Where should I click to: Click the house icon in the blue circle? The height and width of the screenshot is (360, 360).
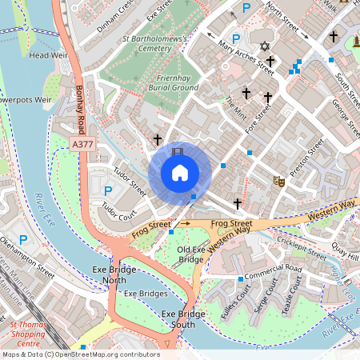point(179,173)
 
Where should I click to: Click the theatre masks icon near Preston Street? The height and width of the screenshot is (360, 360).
point(278,181)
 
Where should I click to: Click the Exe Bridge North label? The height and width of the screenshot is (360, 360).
point(109,274)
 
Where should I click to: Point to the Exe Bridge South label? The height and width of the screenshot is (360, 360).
point(178,318)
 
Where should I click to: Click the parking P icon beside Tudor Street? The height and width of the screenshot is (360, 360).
point(108,190)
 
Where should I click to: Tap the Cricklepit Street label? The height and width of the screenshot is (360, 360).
point(301,246)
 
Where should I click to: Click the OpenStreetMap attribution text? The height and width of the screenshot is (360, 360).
point(80,354)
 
